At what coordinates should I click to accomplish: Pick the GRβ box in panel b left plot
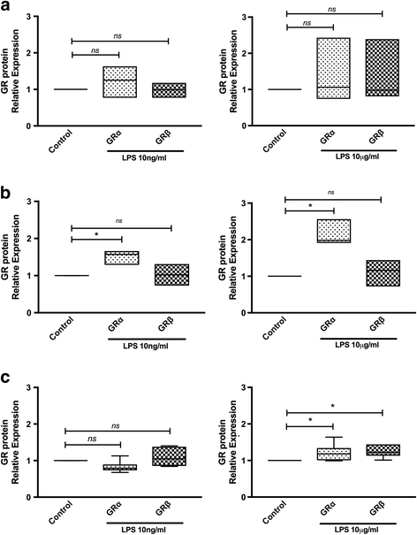click(x=167, y=274)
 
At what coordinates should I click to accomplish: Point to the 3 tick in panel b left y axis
click(x=42, y=202)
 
